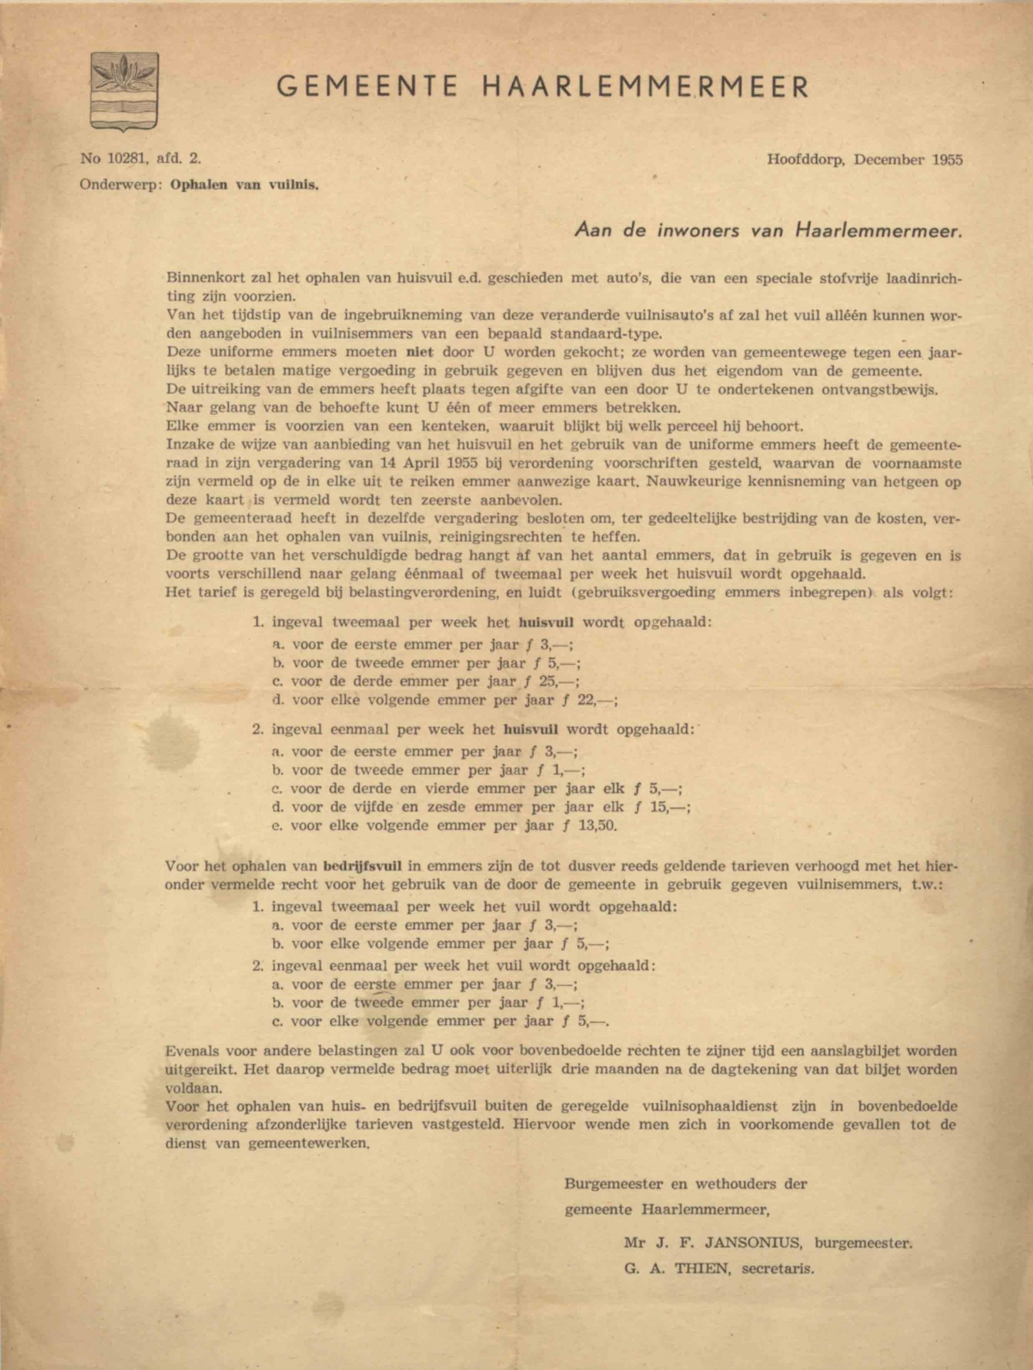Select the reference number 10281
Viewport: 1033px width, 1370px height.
(x=125, y=158)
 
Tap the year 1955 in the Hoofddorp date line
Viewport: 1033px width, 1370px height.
(x=945, y=159)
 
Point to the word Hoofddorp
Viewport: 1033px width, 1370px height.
(x=806, y=159)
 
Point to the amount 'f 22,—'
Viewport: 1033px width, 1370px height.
(x=592, y=700)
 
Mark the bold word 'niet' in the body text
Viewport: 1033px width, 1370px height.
(x=406, y=352)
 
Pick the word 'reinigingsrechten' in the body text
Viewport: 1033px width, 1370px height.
(x=485, y=537)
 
